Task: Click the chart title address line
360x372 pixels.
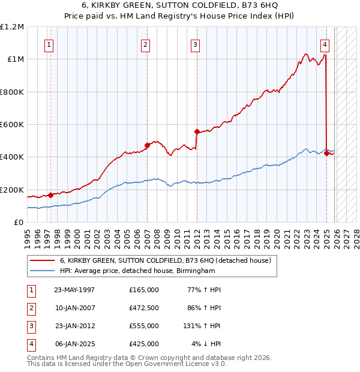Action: (180, 5)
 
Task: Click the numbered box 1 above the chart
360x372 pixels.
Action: (48, 44)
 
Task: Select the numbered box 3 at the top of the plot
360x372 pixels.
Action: (196, 44)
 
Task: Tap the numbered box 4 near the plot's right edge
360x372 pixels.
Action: (324, 44)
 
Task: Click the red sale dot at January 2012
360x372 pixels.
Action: (197, 131)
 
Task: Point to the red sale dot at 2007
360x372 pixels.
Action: (148, 145)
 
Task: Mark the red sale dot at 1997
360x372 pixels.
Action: (51, 194)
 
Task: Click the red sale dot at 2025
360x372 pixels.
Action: (326, 152)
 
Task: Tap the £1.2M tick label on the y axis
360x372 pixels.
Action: (12, 27)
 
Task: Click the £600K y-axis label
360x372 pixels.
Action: (12, 125)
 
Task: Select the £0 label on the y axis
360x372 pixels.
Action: (18, 222)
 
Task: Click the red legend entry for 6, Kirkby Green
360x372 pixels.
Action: (166, 260)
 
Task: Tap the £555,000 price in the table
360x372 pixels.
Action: (143, 326)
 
